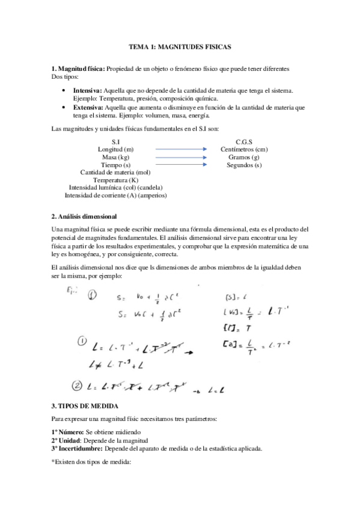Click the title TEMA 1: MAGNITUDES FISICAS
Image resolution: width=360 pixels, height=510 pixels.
[180, 46]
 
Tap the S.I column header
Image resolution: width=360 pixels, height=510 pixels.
[116, 141]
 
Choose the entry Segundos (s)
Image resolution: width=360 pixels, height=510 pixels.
[240, 164]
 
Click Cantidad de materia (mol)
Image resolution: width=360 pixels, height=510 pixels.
[116, 172]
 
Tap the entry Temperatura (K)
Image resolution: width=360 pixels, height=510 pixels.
[116, 180]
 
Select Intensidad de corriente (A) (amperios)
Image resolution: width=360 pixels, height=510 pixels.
[116, 195]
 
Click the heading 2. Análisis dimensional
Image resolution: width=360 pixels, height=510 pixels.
[84, 216]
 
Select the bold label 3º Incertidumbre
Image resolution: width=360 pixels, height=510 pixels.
[77, 448]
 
